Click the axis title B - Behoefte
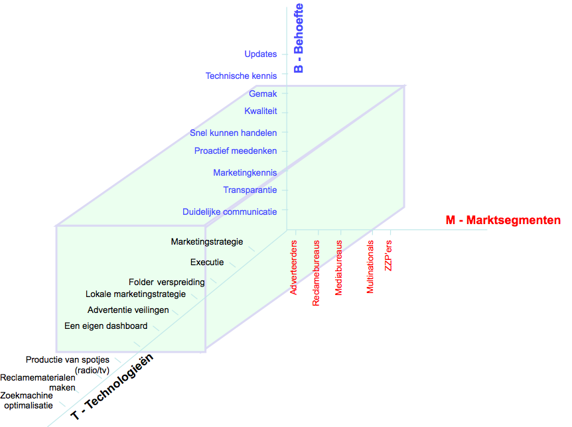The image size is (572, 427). point(299,38)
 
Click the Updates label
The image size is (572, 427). point(260,54)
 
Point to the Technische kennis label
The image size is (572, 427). point(241,76)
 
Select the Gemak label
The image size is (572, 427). point(263,94)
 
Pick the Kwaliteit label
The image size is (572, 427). point(260,111)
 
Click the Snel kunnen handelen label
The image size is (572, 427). point(233,133)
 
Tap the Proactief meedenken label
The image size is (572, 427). point(236,151)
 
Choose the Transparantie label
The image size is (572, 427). point(250,190)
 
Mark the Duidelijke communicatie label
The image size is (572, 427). point(230,212)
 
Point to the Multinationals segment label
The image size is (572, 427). point(370,267)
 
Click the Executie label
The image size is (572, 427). point(207,262)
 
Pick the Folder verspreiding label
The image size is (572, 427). point(167,282)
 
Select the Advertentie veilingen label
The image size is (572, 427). point(128,310)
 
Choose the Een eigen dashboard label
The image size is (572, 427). point(106,326)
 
